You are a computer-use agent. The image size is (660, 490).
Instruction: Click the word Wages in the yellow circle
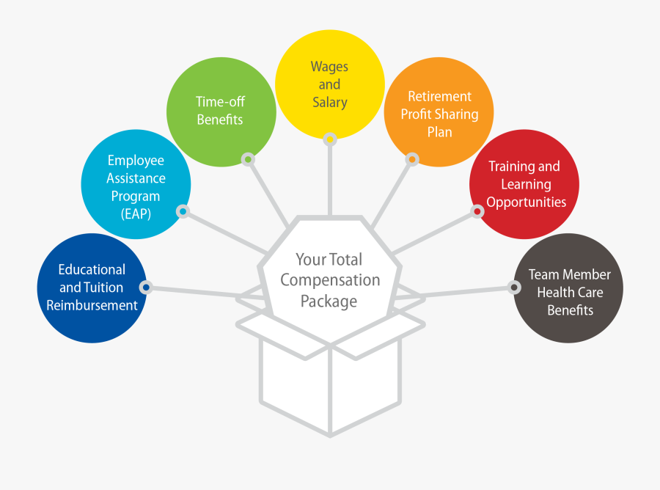tap(329, 67)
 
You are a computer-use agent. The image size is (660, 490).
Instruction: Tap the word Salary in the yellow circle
tap(329, 103)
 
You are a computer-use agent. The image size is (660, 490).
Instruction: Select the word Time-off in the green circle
tap(220, 101)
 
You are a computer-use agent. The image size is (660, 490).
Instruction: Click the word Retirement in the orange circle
tap(439, 96)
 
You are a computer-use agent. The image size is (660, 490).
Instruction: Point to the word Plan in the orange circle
tap(439, 132)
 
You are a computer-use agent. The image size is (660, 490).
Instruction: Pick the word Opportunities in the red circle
tap(526, 202)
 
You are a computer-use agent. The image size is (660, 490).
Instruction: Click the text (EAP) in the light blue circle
tap(136, 214)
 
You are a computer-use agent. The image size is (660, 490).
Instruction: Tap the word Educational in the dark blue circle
tap(92, 269)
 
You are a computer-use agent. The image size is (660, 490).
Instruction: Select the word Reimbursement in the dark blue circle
tap(92, 305)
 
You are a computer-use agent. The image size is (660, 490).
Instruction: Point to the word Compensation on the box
tap(330, 281)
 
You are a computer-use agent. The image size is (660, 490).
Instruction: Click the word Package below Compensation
tap(329, 301)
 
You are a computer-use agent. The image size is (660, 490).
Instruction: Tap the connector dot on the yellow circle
tap(330, 139)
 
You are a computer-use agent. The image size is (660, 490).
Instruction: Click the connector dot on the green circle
tap(249, 159)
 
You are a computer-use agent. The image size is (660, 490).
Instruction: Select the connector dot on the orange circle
tap(412, 159)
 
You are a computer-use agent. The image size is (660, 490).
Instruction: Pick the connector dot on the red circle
tap(477, 211)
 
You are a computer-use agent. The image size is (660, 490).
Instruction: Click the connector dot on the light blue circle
tap(183, 211)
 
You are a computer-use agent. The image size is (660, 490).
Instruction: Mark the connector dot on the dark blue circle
tap(146, 288)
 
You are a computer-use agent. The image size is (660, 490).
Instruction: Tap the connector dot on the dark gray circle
tap(514, 288)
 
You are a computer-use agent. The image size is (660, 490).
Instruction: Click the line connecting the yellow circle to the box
tap(330, 181)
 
